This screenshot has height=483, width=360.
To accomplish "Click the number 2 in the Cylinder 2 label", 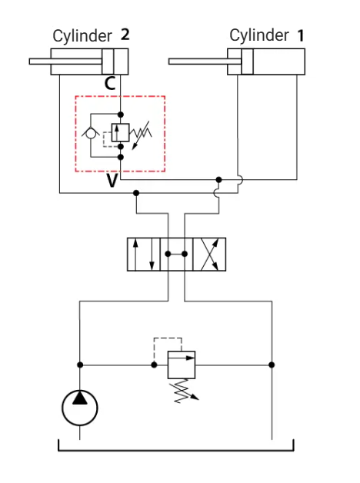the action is point(125,35).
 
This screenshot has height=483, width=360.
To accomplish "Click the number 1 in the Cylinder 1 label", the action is point(301,35).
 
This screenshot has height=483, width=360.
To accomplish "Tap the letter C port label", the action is point(110,83).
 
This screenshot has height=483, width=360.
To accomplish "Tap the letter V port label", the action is point(112,181).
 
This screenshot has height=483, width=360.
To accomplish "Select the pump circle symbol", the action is point(80,408).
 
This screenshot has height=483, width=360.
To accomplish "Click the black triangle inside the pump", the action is point(80,398).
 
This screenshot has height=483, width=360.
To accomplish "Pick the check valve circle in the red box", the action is point(91,134).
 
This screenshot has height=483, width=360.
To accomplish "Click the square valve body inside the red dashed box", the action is point(120,132).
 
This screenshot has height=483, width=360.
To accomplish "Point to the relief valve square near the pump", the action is point(182,365).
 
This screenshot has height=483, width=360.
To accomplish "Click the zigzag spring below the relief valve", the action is point(182,391).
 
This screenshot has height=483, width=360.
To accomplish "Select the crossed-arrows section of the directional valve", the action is point(209,255).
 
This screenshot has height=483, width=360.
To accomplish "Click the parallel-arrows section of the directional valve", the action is point(144,255).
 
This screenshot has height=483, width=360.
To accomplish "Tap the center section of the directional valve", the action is point(176,255).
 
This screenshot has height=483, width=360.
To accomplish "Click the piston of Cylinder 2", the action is point(108,62).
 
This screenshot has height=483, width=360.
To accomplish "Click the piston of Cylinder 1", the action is point(247,62).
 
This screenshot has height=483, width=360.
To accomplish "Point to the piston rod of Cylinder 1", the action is point(205,62).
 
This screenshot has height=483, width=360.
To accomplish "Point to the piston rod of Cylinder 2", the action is point(65,62).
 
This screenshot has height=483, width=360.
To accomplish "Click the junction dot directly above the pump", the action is point(80,365).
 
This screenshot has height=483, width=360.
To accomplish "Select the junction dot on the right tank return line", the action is point(272,365).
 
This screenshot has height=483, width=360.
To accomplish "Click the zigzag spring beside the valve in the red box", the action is point(141,133).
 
